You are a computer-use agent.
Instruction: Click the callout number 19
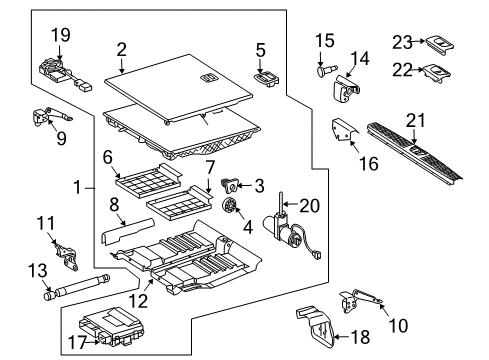[61, 35]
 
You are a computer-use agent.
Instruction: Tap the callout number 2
[122, 49]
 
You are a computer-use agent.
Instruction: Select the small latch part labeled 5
[267, 79]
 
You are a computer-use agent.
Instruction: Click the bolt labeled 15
[326, 71]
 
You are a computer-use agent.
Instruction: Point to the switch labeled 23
[440, 44]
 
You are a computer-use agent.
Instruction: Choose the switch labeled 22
[437, 73]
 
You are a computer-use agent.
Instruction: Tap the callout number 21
[415, 121]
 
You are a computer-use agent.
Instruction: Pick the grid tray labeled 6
[149, 180]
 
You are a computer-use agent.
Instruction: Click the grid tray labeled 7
[179, 204]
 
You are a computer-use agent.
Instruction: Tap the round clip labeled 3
[230, 185]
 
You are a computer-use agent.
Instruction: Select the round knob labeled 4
[229, 206]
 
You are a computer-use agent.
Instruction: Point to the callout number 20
[310, 206]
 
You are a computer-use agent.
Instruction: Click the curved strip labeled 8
[127, 231]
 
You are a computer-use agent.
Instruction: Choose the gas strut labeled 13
[76, 288]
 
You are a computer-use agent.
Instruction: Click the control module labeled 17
[112, 327]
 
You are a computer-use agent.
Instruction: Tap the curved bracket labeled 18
[315, 327]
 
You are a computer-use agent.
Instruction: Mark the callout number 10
[398, 325]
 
